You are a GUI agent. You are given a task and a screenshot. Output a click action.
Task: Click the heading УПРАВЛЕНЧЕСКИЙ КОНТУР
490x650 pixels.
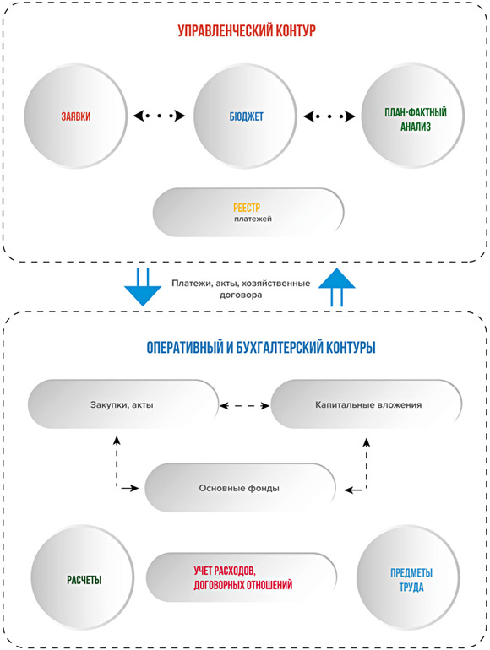tap(247, 31)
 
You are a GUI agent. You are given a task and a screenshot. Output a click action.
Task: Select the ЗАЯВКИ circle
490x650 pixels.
tap(75, 116)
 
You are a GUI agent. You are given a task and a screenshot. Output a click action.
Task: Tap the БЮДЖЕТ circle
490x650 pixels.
tap(245, 116)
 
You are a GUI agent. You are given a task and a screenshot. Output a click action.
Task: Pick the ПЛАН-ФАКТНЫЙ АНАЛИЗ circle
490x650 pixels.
tap(413, 116)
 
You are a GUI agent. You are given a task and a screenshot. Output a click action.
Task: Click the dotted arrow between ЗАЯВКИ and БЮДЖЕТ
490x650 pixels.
tap(159, 116)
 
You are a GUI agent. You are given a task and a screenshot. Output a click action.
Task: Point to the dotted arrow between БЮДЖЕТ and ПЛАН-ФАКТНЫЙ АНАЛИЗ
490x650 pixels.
tap(329, 116)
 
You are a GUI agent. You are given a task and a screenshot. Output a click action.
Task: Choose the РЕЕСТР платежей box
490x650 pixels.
tap(248, 213)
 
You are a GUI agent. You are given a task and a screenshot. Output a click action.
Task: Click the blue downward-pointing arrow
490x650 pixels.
tap(143, 287)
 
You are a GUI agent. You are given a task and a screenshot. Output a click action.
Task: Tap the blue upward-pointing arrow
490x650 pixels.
tap(336, 287)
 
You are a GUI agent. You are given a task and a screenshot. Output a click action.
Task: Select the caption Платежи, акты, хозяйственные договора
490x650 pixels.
tap(241, 289)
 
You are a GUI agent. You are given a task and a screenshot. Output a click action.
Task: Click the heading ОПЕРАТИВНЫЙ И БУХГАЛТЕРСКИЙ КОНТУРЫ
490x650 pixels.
tap(261, 348)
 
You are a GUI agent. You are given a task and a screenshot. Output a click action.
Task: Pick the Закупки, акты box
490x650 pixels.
tap(123, 404)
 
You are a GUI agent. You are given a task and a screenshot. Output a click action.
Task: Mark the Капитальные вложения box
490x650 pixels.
tap(367, 404)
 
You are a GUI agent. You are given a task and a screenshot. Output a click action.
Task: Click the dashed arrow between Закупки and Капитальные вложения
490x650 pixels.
tap(245, 406)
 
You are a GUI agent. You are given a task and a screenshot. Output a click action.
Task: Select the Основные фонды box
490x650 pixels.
tap(240, 488)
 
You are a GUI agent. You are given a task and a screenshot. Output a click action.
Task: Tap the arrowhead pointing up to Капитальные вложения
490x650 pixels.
tap(366, 441)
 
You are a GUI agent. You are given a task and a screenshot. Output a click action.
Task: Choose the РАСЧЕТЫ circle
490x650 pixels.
tap(83, 580)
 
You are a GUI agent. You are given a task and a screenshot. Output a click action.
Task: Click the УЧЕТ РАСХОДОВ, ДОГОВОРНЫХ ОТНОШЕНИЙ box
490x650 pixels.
tap(242, 577)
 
